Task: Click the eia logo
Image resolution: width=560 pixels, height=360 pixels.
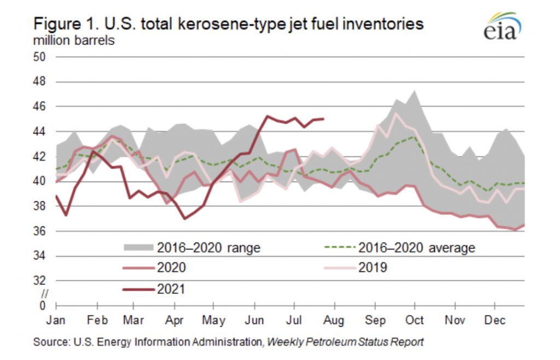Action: [500, 27]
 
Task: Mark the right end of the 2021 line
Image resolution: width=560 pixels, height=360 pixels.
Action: [324, 119]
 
